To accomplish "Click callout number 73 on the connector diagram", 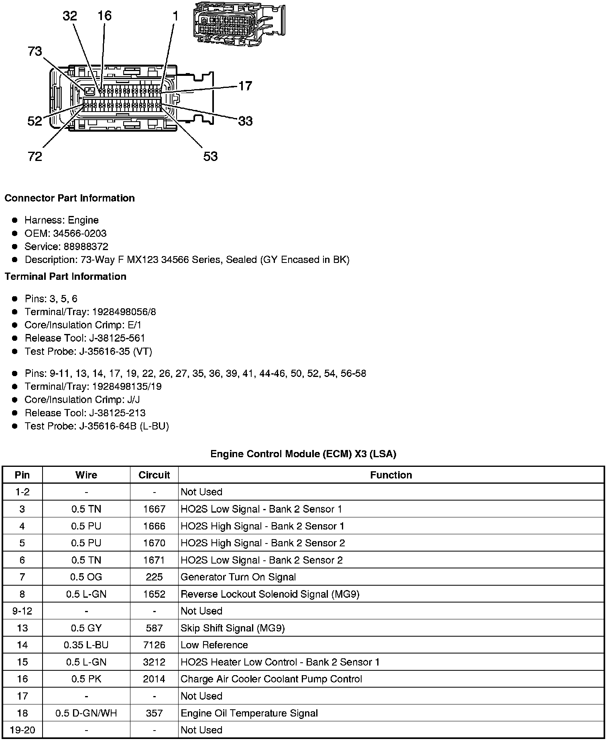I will (35, 52).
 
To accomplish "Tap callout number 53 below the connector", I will (210, 156).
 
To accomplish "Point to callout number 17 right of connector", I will (245, 86).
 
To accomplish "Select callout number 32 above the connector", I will (70, 16).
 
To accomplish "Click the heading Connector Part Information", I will (69, 198).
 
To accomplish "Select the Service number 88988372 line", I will (66, 246).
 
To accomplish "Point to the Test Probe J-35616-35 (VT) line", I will (88, 351).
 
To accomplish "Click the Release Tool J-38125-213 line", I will (85, 413).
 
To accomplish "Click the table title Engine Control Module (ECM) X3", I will (303, 454).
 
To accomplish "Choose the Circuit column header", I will (154, 475).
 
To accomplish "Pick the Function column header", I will (391, 475).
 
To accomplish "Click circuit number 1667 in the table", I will (154, 509).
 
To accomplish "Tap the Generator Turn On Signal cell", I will (238, 577).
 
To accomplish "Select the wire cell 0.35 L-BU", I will (86, 645).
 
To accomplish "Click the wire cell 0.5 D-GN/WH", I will (86, 713).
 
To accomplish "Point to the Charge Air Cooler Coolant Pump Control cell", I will (271, 679).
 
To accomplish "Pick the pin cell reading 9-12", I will (22, 611).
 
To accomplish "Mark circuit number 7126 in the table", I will (154, 645).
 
